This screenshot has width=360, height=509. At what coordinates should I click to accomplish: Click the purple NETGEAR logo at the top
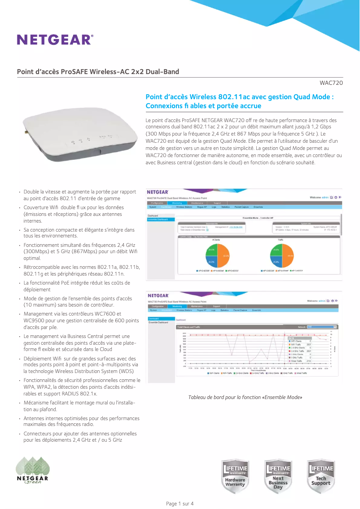click(x=55, y=39)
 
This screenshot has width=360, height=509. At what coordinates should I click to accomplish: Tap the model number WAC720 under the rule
click(x=331, y=83)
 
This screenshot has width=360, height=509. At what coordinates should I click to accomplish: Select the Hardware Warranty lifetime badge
click(x=235, y=476)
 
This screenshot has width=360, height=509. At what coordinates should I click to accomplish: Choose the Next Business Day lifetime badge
click(x=278, y=476)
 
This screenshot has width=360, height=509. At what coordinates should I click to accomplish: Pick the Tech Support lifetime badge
click(x=320, y=476)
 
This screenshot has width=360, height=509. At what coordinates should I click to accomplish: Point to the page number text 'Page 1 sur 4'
click(x=180, y=503)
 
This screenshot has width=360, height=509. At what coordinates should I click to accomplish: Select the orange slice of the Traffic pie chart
click(x=287, y=256)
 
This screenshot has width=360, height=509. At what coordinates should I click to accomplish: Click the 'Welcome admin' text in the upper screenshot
click(x=319, y=197)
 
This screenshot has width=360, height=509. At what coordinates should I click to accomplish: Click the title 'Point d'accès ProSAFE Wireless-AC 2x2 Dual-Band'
click(x=98, y=72)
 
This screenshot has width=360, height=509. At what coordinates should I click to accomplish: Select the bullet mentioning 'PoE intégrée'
click(x=77, y=286)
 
